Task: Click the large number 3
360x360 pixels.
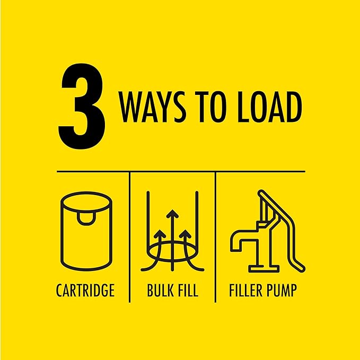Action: point(82,106)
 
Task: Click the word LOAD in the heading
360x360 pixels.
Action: point(269,107)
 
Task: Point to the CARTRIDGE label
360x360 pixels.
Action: point(85,290)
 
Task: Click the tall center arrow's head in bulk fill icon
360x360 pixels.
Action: point(172,214)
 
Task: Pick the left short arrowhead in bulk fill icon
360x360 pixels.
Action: point(160,234)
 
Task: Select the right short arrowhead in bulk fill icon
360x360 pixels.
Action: point(185,234)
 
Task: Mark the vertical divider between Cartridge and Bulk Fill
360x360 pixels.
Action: point(130,237)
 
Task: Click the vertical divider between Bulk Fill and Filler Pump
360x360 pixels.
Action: point(215,237)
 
